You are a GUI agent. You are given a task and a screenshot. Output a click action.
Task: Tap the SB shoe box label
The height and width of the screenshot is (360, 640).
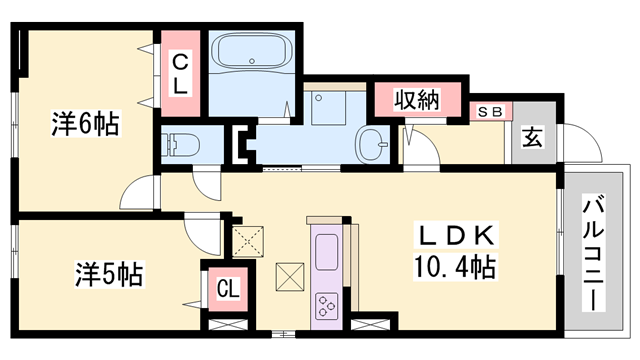tap(490, 112)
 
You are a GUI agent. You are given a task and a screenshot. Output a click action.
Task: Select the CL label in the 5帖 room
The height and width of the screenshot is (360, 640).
tap(228, 291)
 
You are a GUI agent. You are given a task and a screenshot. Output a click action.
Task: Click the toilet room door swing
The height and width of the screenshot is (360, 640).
tap(207, 183)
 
